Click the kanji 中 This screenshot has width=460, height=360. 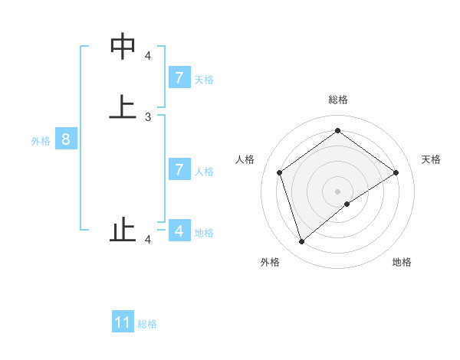click(123, 47)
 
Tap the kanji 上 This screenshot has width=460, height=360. click(123, 106)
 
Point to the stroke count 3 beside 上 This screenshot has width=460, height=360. click(148, 117)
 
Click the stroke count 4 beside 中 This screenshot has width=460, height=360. click(148, 56)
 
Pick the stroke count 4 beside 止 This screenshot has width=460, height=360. click(148, 241)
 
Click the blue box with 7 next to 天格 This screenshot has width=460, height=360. click(179, 77)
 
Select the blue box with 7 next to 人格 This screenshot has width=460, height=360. click(179, 169)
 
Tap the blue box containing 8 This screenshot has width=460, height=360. click(66, 139)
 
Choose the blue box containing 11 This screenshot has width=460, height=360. click(123, 322)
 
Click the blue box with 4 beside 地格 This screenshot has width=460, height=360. click(179, 231)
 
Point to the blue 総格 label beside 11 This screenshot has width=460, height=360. click(147, 324)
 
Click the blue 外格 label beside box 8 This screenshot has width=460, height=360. click(41, 141)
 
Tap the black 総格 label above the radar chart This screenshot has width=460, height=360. click(337, 100)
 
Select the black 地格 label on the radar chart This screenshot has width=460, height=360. click(402, 262)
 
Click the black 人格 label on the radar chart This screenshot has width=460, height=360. click(245, 159)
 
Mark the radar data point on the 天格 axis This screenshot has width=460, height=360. click(396, 172)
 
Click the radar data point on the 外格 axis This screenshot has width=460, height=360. click(301, 242)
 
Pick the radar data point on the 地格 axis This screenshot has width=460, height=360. click(347, 204)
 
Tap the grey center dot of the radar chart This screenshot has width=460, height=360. click(337, 191)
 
